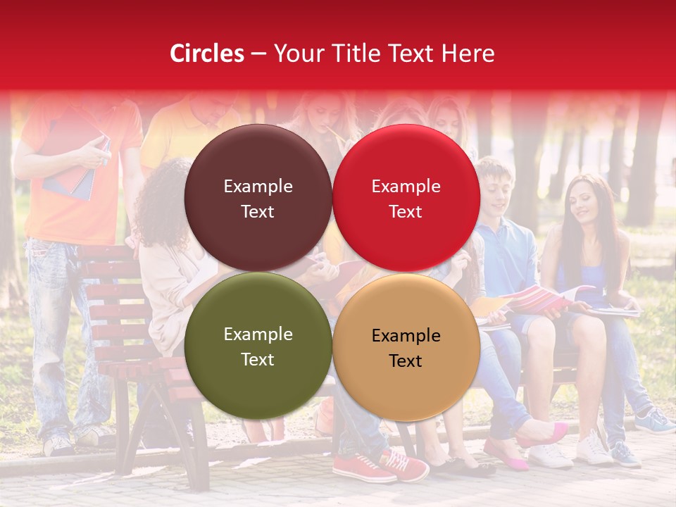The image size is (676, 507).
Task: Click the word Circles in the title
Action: point(206,54)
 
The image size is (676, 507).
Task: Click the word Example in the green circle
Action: point(258,334)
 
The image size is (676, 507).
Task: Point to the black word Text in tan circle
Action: point(406,361)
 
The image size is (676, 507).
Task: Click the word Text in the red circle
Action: point(406,212)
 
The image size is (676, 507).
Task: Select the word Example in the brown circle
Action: point(258,187)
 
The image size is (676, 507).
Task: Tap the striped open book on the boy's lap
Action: point(542,299)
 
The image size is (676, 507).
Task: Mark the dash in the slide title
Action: point(258,54)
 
